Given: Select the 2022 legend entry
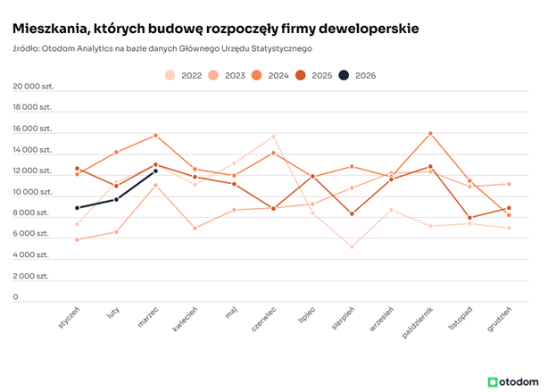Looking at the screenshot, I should pos(183,76).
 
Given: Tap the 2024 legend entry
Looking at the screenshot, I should pos(270,76).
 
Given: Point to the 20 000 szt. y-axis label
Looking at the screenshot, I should pos(32,87).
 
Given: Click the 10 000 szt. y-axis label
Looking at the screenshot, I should pos(32,192).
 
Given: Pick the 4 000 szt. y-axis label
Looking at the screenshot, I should pos(34,255).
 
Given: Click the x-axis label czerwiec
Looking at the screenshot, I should pos(265,320).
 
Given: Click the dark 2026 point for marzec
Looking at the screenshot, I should pos(156,171).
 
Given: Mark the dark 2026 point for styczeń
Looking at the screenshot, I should pos(78,208).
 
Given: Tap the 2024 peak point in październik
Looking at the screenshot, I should pos(430,134).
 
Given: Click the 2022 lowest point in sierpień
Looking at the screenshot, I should pos(352,246).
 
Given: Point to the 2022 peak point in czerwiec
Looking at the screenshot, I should pos(273,137).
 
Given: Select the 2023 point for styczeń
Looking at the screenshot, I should pos(78,239).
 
